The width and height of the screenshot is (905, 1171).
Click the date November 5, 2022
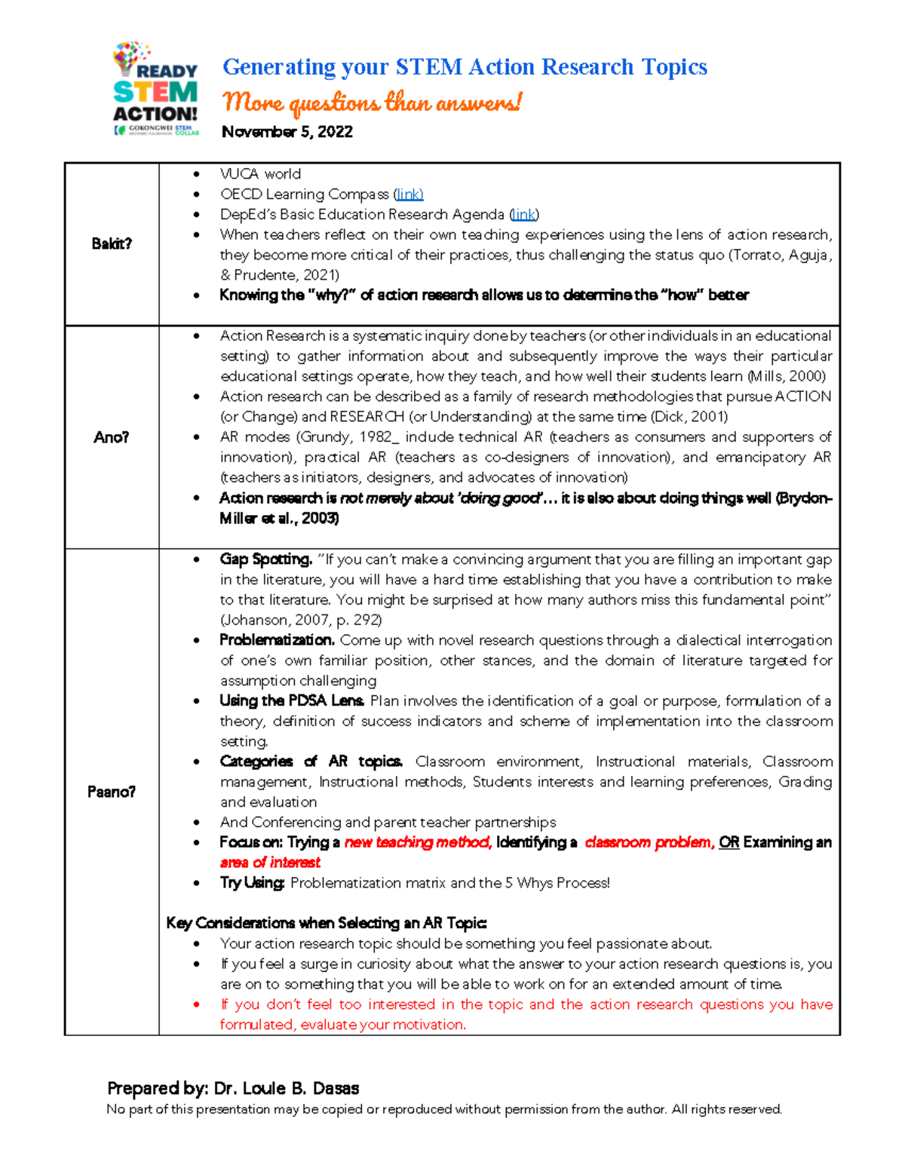(287, 132)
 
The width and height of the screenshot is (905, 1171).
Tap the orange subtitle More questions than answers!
(371, 102)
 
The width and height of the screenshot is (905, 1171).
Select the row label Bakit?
(112, 244)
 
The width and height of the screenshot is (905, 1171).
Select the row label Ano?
(112, 437)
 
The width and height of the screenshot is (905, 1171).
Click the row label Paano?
(112, 792)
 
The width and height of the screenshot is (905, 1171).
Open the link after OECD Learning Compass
(410, 195)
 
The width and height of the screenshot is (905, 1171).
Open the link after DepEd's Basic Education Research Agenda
(524, 215)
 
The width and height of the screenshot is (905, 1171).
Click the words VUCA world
(260, 174)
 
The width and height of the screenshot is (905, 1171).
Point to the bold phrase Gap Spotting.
(265, 559)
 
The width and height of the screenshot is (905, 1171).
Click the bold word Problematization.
(277, 640)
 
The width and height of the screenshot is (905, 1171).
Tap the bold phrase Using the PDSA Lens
(292, 700)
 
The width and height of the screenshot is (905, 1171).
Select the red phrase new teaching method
(417, 842)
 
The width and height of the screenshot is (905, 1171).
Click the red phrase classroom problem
(648, 842)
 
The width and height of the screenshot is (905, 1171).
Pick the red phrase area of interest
(270, 863)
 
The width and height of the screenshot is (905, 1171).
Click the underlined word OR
(729, 842)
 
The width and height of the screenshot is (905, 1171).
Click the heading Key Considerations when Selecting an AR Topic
(327, 923)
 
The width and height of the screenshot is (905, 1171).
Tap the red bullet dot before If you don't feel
(197, 1005)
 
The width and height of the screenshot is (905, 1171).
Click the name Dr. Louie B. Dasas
(286, 1088)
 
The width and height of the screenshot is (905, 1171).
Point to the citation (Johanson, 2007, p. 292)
(301, 621)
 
